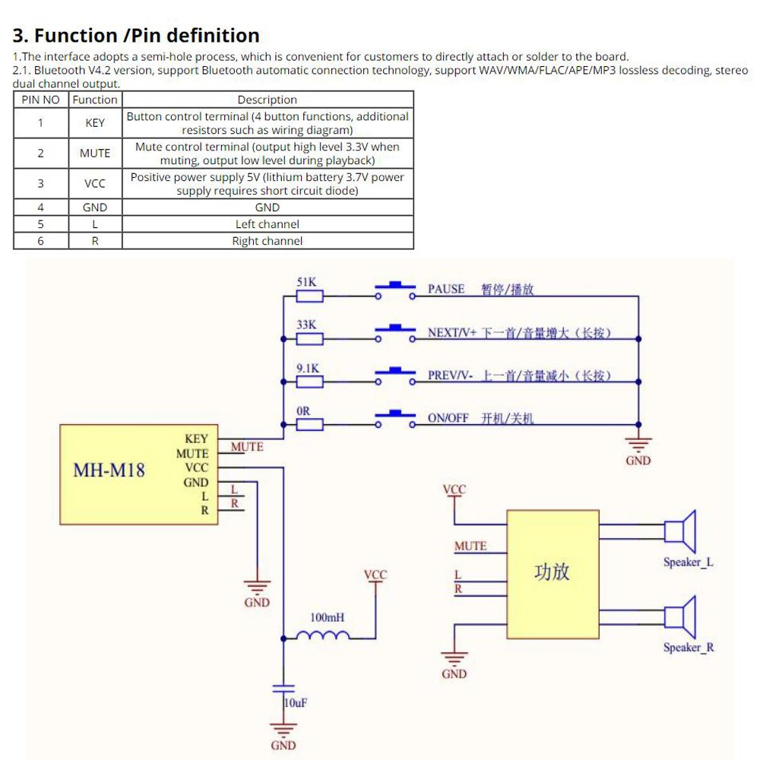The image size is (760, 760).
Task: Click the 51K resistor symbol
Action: click(x=309, y=296)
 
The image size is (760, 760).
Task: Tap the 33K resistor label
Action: click(x=306, y=325)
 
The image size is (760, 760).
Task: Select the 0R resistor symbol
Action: click(x=309, y=425)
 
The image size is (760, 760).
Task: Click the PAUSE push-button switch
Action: click(x=395, y=290)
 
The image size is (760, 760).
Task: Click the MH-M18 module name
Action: click(x=109, y=470)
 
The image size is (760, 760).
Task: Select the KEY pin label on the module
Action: click(x=196, y=439)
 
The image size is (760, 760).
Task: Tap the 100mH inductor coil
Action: click(x=328, y=635)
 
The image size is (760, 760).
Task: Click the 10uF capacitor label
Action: click(x=296, y=703)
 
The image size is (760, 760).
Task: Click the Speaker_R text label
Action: click(x=689, y=648)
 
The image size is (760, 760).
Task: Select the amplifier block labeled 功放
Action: click(x=553, y=575)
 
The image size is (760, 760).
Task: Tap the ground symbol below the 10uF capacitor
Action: click(x=283, y=731)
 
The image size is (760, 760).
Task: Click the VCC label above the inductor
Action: click(x=375, y=575)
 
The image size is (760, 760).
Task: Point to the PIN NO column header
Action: click(x=41, y=100)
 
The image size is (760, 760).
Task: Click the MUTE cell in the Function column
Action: click(x=95, y=153)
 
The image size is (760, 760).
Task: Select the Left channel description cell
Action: click(x=268, y=224)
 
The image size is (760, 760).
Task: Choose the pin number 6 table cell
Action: click(x=41, y=241)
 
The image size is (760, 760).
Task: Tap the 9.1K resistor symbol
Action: click(x=309, y=382)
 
